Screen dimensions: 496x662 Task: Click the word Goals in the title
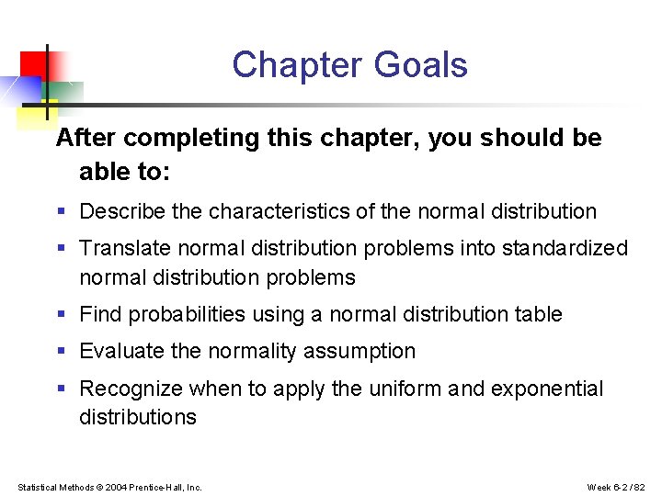click(420, 66)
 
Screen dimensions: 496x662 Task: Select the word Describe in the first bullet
click(122, 211)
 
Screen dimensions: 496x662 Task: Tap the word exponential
click(547, 389)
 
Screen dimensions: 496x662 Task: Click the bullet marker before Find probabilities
click(61, 315)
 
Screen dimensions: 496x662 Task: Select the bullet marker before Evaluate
click(61, 352)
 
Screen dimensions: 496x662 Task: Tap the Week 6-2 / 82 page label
click(617, 487)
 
